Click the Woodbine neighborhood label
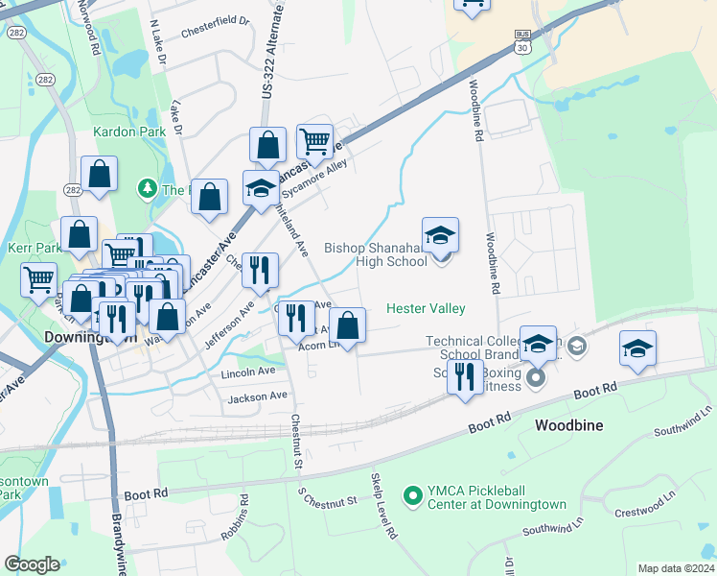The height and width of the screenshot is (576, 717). click(573, 423)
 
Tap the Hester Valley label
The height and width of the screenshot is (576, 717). click(426, 308)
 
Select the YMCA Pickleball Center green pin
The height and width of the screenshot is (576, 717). click(413, 495)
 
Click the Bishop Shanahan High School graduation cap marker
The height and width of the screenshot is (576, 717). click(441, 236)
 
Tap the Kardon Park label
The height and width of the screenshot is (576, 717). click(124, 131)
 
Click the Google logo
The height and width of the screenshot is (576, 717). click(32, 564)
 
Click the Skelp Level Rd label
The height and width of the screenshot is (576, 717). click(383, 505)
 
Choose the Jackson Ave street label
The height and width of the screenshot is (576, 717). click(258, 396)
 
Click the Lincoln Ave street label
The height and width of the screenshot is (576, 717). click(247, 372)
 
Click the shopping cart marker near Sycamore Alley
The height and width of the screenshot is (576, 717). click(314, 143)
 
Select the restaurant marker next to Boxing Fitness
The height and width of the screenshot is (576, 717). click(466, 375)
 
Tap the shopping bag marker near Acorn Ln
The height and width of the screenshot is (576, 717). click(348, 324)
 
